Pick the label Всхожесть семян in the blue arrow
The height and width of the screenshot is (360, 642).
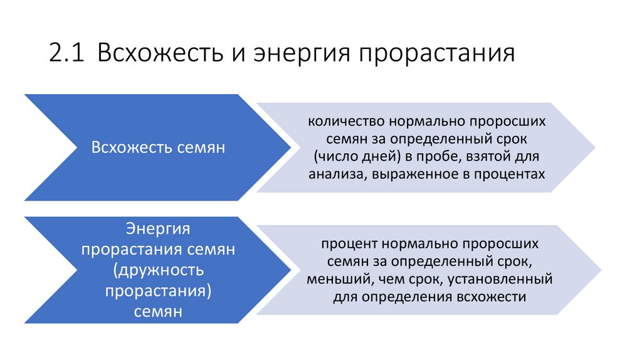(x=158, y=147)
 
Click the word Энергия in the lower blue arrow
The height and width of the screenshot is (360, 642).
(x=158, y=228)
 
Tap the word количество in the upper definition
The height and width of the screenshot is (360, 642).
(x=341, y=120)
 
